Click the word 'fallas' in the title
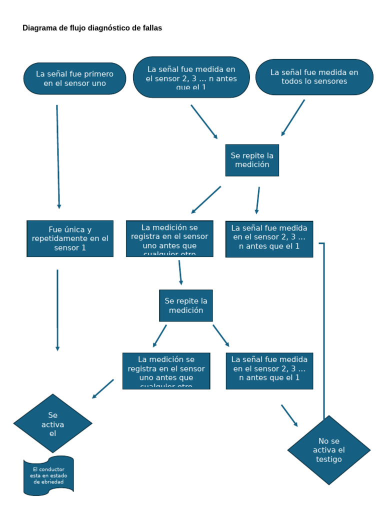[x=151, y=28]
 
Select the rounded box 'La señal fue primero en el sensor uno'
[x=74, y=78]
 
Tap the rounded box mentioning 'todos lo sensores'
[x=314, y=76]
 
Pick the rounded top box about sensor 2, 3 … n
[x=191, y=77]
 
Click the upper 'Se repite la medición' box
[x=252, y=160]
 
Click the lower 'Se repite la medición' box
[x=186, y=305]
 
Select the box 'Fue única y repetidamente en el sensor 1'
[x=70, y=238]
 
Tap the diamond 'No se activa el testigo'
[x=328, y=450]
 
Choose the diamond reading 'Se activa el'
[x=53, y=423]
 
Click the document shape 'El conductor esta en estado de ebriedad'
[x=48, y=475]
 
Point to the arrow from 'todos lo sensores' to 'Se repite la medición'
[x=293, y=117]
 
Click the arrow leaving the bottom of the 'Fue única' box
[x=57, y=310]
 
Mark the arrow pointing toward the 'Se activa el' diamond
[x=103, y=388]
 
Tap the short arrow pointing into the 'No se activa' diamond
[x=289, y=415]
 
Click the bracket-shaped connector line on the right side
[x=324, y=325]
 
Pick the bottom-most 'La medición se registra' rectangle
[x=166, y=370]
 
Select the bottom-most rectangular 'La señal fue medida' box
[x=269, y=370]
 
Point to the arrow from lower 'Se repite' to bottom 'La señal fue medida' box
[x=221, y=335]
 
